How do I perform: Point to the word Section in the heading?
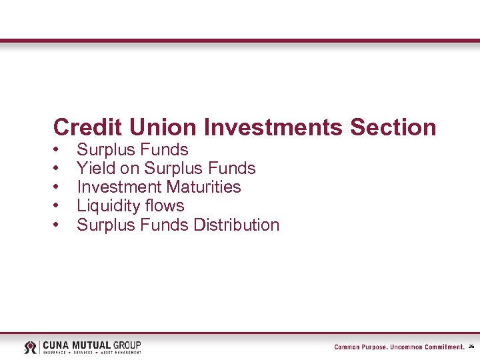[393, 127]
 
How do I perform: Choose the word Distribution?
[237, 225]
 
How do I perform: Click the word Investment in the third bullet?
[119, 187]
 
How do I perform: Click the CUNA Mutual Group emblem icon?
[31, 347]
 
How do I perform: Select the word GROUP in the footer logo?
[127, 345]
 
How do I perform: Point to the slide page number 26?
[471, 347]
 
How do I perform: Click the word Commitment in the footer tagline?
[441, 347]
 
